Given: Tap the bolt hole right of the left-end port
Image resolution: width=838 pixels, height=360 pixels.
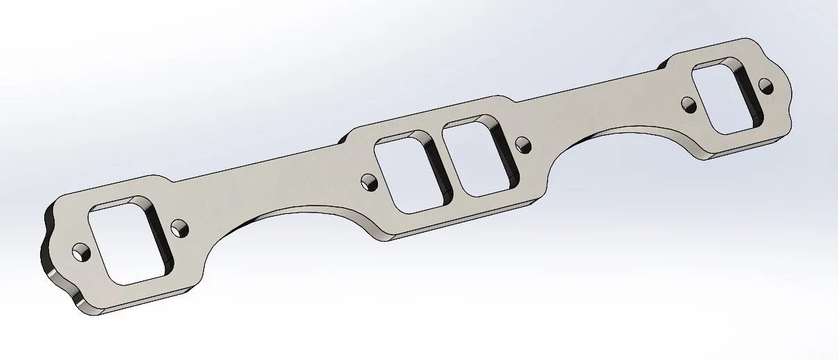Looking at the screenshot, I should click(180, 227).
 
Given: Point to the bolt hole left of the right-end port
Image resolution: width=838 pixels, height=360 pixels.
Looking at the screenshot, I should click(689, 105).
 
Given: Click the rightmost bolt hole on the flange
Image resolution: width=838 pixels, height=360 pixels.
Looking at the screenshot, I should click(765, 86).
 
